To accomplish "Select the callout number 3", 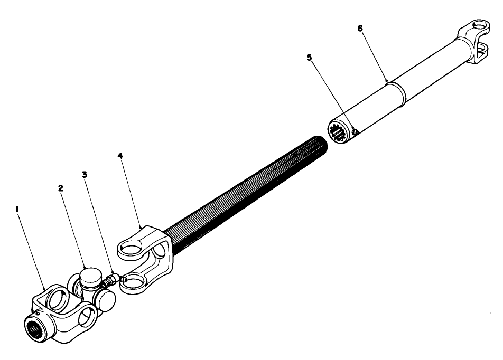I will [x=85, y=174].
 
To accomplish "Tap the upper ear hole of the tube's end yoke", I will [x=478, y=25].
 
